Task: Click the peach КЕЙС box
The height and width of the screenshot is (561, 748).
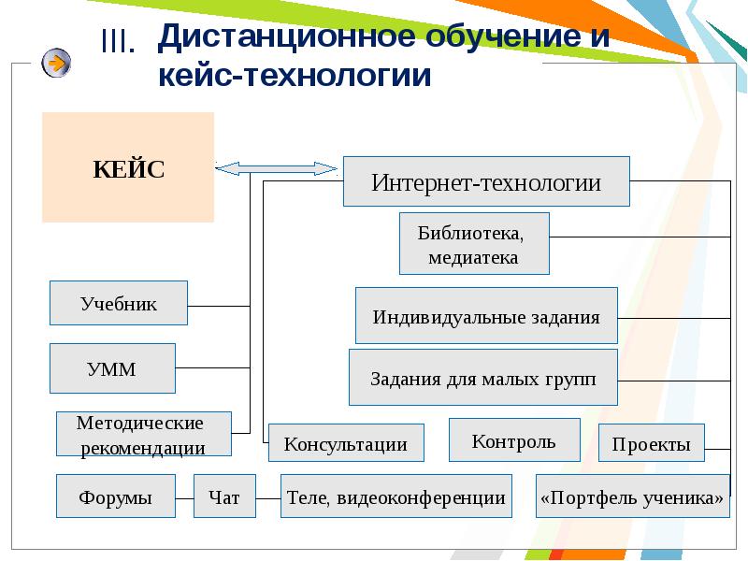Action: point(128,167)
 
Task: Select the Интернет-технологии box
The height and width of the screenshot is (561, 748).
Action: point(486,181)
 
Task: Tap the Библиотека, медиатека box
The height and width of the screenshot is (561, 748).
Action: point(474,244)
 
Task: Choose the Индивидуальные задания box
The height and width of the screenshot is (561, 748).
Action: point(486,316)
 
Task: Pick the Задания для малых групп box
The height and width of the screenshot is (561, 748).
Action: point(482,378)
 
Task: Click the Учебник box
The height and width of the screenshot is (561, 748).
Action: point(119,303)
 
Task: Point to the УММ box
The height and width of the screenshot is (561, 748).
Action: point(112,368)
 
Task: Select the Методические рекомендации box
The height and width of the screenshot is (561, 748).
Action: point(143,435)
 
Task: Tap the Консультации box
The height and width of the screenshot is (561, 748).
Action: point(346,443)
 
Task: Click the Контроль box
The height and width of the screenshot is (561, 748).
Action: point(513,440)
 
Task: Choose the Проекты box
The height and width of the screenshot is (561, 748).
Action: point(652,443)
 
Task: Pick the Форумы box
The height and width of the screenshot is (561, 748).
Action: point(116,496)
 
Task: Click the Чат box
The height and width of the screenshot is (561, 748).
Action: point(224,496)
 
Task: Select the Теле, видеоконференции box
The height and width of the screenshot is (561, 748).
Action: point(396,496)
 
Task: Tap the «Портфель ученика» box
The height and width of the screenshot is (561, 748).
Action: point(632,496)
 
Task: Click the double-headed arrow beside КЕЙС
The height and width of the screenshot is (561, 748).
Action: point(276,168)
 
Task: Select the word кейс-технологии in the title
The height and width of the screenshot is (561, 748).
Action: point(295,75)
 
